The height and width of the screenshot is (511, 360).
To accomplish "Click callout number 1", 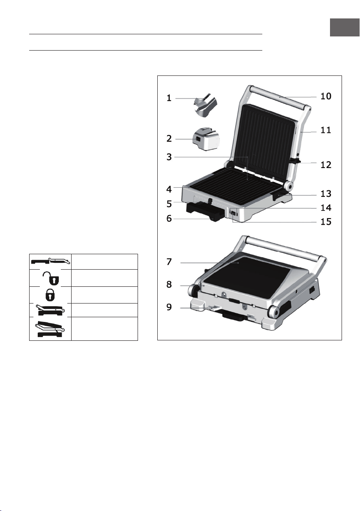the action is click(x=169, y=98).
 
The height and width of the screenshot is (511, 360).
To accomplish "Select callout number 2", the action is click(x=169, y=139).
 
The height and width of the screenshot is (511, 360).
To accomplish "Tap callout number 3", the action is click(x=169, y=157).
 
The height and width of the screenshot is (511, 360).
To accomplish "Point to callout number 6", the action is click(x=169, y=218).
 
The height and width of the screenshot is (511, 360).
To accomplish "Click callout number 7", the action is click(x=169, y=262).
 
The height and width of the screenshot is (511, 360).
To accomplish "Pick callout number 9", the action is click(x=169, y=307).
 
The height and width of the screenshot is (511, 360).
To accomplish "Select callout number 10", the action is click(x=326, y=96).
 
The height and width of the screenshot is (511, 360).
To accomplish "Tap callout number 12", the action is click(x=326, y=165).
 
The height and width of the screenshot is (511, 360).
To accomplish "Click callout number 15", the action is click(x=326, y=222).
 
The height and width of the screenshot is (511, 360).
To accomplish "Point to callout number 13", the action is click(x=326, y=194).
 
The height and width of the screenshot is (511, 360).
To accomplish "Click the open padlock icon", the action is click(x=52, y=278).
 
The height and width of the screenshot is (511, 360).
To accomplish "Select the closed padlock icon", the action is click(x=50, y=295).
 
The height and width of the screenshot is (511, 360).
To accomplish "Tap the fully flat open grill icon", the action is click(x=51, y=261).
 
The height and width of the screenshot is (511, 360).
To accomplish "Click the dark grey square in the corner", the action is click(x=345, y=27).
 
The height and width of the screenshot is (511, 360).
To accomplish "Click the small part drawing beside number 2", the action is click(x=206, y=139).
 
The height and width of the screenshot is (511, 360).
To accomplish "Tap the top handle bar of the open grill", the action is click(x=279, y=97).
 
